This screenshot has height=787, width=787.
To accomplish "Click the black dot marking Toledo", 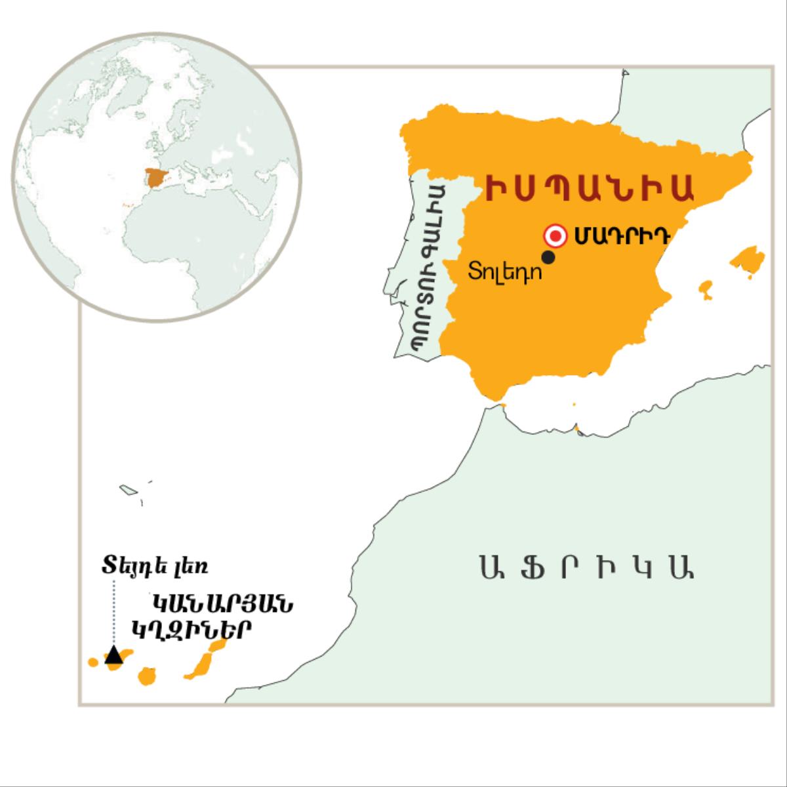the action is point(549,258).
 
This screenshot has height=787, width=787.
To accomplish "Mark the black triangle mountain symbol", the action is point(114,655).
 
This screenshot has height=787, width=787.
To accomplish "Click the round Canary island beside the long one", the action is point(147,676).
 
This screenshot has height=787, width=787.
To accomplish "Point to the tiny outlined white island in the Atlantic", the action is point(127,489).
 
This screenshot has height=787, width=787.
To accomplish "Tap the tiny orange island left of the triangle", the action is point(93,662).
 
